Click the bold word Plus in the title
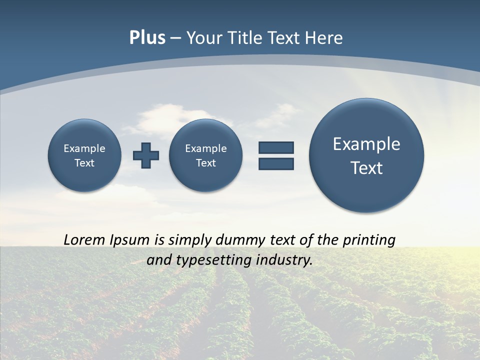click(x=147, y=38)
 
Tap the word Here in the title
click(x=324, y=38)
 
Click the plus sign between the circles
click(x=146, y=155)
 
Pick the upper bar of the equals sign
click(x=276, y=147)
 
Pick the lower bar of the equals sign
click(x=276, y=163)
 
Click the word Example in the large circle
click(x=366, y=144)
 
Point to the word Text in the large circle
click(x=366, y=168)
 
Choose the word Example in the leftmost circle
click(x=84, y=148)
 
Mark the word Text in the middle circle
click(x=206, y=163)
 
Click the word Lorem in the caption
click(x=85, y=240)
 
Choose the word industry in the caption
click(x=285, y=260)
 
